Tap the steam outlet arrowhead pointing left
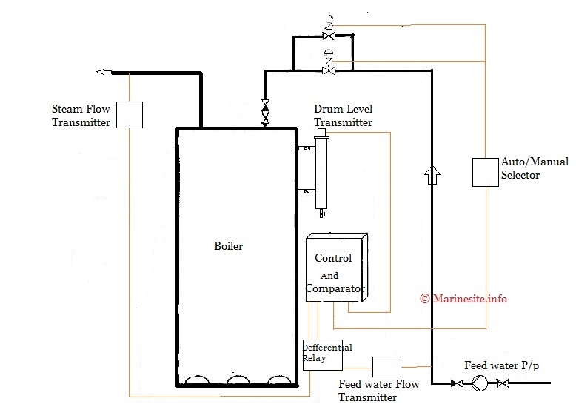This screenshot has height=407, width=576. tap(103, 72)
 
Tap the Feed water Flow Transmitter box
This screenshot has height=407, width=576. tap(386, 366)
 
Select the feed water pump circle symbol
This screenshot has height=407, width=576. tap(480, 383)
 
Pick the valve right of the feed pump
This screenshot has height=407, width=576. tap(503, 383)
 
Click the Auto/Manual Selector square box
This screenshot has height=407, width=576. tap(486, 171)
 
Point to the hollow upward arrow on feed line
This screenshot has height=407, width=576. tap(432, 175)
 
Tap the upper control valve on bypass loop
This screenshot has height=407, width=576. tap(329, 35)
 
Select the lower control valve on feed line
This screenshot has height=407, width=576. tap(329, 69)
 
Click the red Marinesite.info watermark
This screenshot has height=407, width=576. tap(463, 299)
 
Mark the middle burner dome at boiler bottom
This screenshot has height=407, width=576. tap(238, 380)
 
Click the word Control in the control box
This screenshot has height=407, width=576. tap(333, 258)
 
